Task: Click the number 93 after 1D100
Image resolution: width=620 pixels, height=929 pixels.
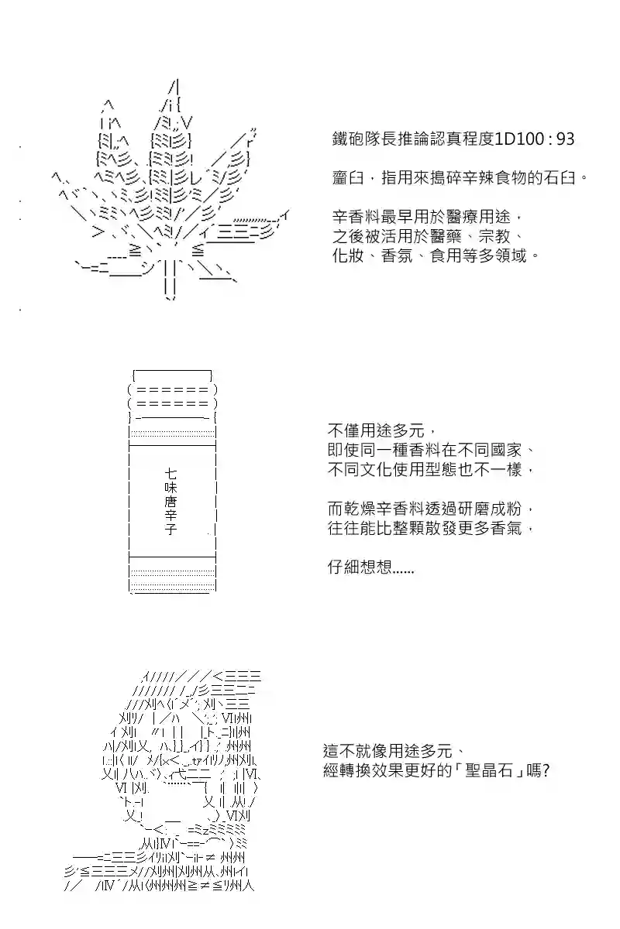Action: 565,139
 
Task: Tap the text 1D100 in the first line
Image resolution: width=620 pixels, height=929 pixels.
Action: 518,139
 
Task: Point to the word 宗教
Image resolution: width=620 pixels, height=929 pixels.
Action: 494,236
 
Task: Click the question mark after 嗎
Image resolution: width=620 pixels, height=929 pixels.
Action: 546,771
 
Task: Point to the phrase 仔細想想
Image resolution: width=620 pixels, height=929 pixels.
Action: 360,567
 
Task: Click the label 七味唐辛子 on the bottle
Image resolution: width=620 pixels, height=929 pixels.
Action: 170,501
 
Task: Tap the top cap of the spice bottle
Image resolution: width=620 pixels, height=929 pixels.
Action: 172,375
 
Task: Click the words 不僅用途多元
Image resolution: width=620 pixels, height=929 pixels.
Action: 376,430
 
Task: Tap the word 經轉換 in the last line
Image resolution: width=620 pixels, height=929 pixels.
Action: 347,771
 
